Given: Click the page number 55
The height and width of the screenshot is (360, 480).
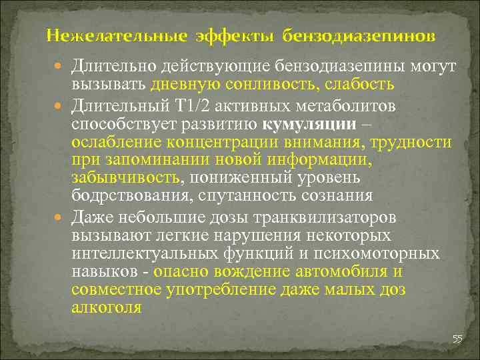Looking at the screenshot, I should [457, 339].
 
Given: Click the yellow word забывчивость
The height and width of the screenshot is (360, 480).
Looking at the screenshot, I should [125, 179].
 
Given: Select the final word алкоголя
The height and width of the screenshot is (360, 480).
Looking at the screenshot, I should [106, 308].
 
